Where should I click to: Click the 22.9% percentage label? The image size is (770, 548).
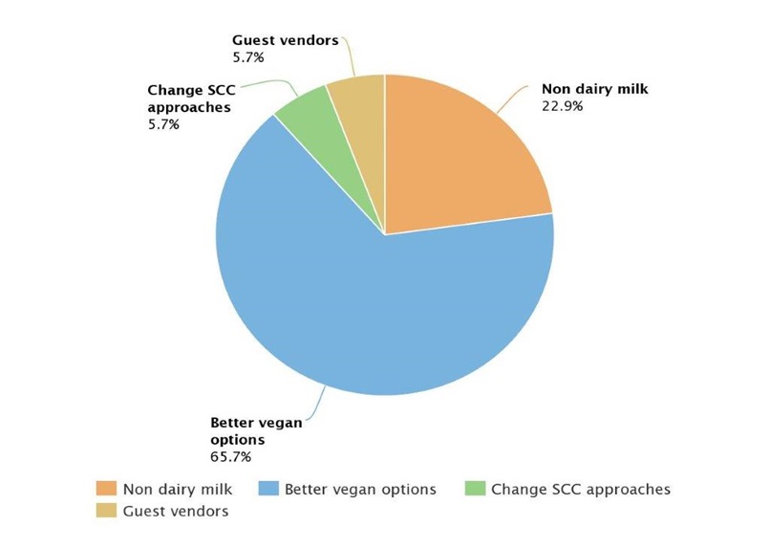562,105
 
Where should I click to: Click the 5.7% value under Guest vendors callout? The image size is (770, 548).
246,57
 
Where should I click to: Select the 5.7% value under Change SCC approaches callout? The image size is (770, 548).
163,124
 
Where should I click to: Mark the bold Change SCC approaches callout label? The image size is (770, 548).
190,99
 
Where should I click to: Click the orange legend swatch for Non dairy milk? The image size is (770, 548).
105,489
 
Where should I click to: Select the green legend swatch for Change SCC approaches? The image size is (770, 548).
474,489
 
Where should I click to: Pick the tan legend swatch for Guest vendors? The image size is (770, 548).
105,512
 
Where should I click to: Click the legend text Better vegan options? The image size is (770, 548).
360,489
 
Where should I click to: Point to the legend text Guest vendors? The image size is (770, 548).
176,512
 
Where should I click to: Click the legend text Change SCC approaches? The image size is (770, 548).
581,489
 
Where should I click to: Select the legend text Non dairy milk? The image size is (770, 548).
179,489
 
